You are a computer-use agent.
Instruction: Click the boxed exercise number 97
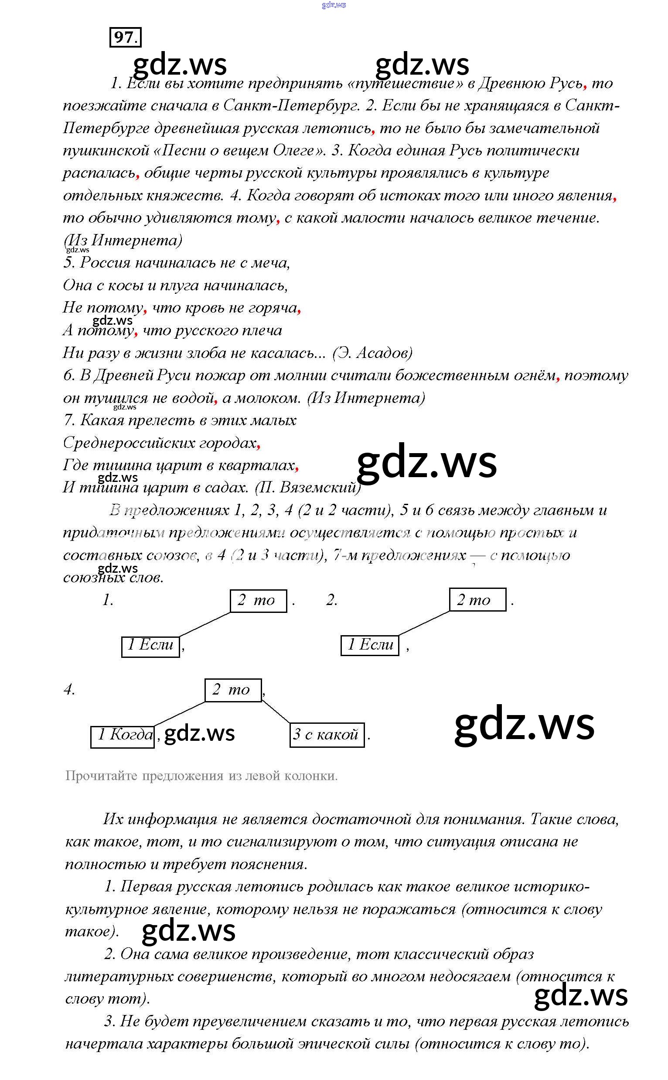(125, 37)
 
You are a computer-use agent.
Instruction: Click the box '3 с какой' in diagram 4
(327, 735)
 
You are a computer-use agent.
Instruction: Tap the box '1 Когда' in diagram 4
(123, 735)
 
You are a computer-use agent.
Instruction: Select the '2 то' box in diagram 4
(233, 689)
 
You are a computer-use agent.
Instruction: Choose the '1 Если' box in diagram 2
(370, 645)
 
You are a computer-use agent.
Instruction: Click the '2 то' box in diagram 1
(258, 601)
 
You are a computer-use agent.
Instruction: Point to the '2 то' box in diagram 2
(477, 600)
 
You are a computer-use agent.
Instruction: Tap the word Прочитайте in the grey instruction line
(101, 776)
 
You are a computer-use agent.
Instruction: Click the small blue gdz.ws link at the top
(334, 5)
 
